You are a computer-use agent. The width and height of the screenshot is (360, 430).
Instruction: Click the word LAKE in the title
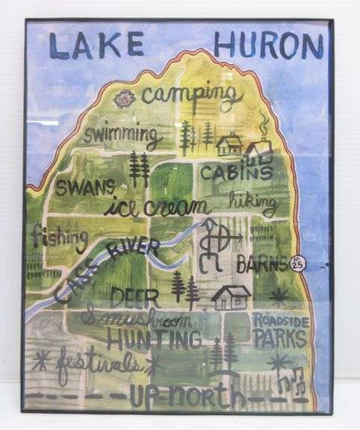pos(96,46)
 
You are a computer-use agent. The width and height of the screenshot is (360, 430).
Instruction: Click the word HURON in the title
pos(268,46)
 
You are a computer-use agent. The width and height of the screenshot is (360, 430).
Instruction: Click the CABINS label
pos(236,172)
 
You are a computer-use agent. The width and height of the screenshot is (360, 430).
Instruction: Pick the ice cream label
pos(158,206)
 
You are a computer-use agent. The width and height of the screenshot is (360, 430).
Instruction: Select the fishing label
pos(59,237)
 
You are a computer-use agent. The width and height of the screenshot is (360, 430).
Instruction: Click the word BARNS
pos(262,264)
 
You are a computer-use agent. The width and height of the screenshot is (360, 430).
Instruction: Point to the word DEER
pos(134,297)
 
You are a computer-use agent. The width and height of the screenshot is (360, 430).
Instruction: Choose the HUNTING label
pos(153,340)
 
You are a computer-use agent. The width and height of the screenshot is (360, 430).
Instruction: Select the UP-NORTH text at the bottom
pos(187,396)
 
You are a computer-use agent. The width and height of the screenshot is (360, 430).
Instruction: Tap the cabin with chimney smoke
pos(258,149)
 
